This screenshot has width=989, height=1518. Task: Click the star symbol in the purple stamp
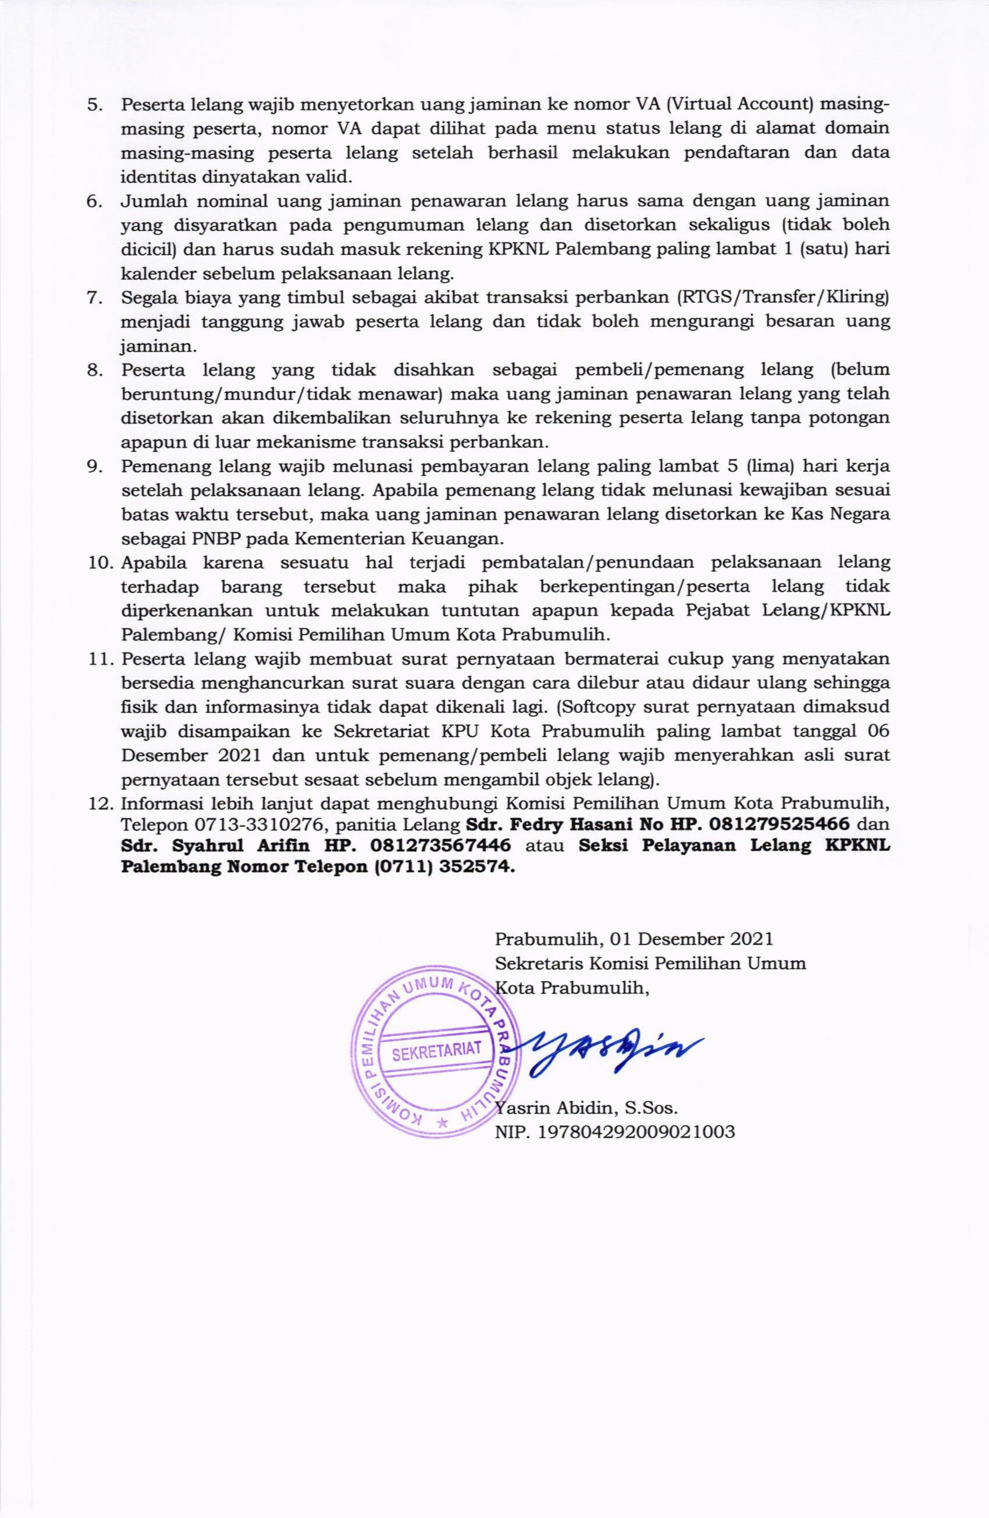[x=439, y=1123]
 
